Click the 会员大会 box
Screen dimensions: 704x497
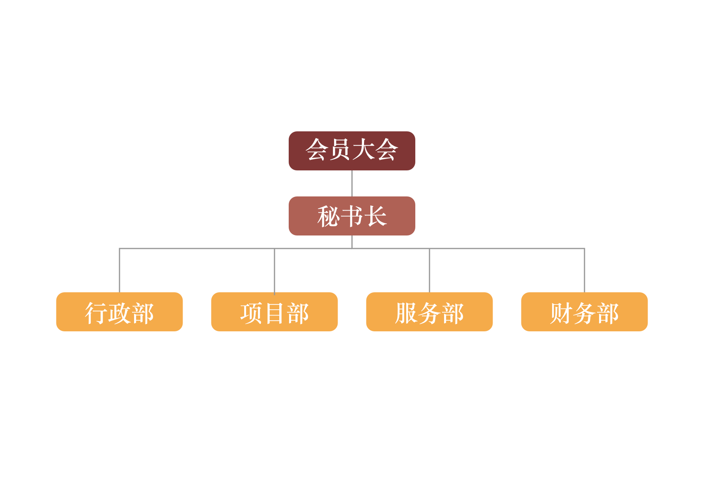pyautogui.click(x=352, y=151)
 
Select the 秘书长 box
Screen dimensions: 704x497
pyautogui.click(x=352, y=216)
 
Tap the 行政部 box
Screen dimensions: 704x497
pyautogui.click(x=120, y=312)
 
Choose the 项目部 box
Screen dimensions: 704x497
pyautogui.click(x=275, y=312)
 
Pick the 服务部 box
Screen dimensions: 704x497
pyautogui.click(x=429, y=312)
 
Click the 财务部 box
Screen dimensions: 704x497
pyautogui.click(x=584, y=312)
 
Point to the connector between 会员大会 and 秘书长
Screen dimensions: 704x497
pyautogui.click(x=352, y=183)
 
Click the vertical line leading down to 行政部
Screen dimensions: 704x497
pyautogui.click(x=120, y=271)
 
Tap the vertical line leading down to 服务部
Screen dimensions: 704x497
pyautogui.click(x=429, y=271)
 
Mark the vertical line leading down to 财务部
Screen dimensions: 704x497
pyautogui.click(x=584, y=271)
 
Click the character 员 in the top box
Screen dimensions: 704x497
pyautogui.click(x=340, y=149)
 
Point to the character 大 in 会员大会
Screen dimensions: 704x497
pyautogui.click(x=364, y=149)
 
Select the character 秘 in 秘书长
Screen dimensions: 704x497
pyautogui.click(x=329, y=216)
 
